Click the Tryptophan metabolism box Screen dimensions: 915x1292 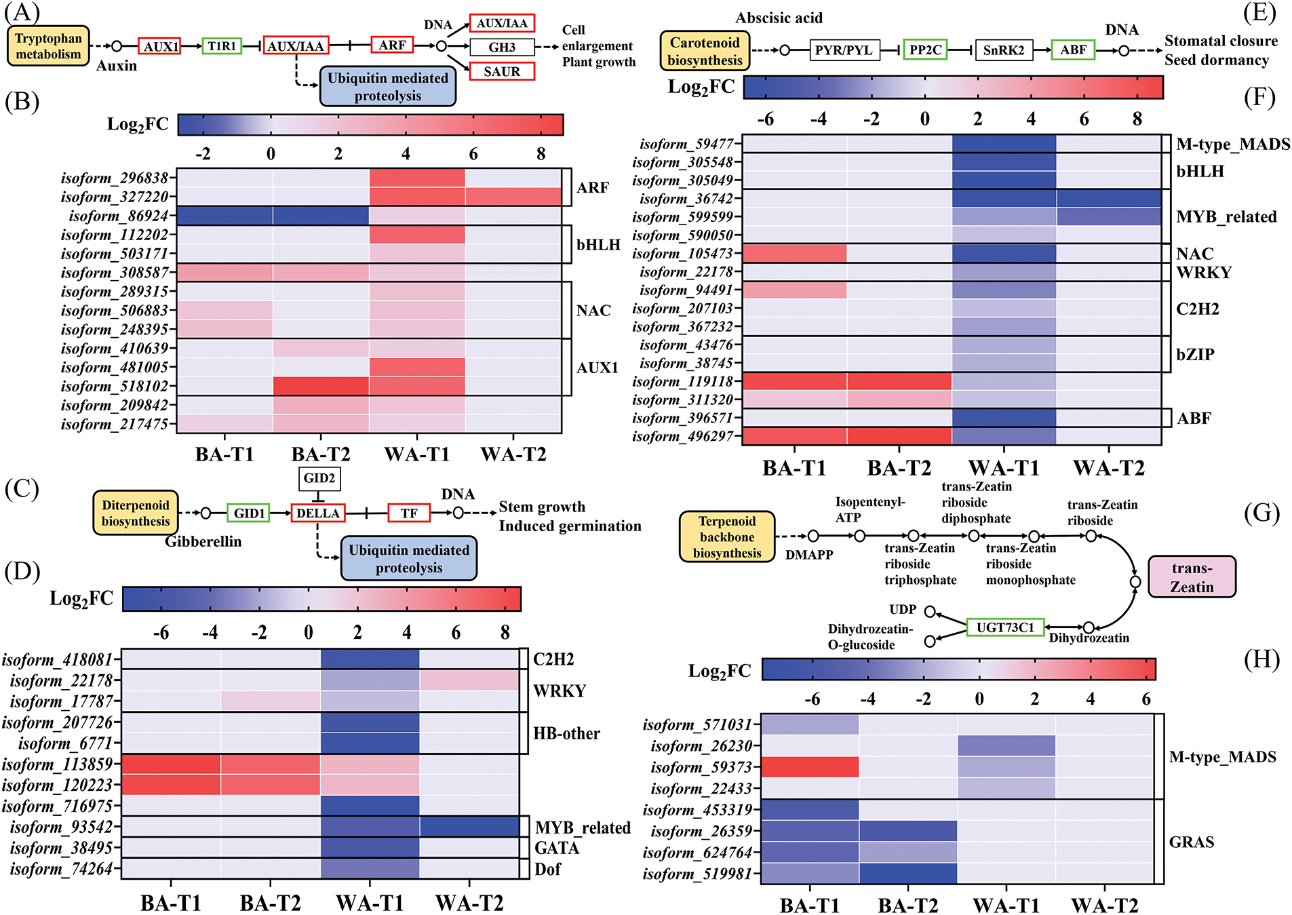pyautogui.click(x=48, y=46)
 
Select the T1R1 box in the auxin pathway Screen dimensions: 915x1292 pyautogui.click(x=222, y=46)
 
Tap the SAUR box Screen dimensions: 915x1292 pyautogui.click(x=502, y=71)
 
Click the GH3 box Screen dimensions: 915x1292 pyautogui.click(x=502, y=47)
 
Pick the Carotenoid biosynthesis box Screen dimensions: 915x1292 pyautogui.click(x=705, y=52)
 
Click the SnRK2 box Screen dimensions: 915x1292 pyautogui.click(x=1004, y=50)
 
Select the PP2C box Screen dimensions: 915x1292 pyautogui.click(x=925, y=50)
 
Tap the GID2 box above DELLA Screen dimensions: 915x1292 pyautogui.click(x=319, y=478)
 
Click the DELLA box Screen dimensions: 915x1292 pyautogui.click(x=317, y=513)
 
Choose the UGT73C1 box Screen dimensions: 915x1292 pyautogui.click(x=1005, y=627)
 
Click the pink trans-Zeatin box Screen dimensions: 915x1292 pyautogui.click(x=1192, y=577)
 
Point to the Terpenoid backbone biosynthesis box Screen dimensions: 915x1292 pyautogui.click(x=727, y=537)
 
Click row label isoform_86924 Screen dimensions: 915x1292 pyautogui.click(x=119, y=216)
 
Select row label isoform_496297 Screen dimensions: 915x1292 pyautogui.click(x=683, y=436)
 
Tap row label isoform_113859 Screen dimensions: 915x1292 pyautogui.click(x=58, y=764)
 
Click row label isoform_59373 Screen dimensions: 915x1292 pyautogui.click(x=701, y=767)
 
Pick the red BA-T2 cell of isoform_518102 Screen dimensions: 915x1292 pyautogui.click(x=321, y=386)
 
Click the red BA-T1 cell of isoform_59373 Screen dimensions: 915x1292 pyautogui.click(x=810, y=767)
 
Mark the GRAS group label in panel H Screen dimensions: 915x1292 pyautogui.click(x=1191, y=842)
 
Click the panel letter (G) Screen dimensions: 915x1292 pyautogui.click(x=1261, y=513)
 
